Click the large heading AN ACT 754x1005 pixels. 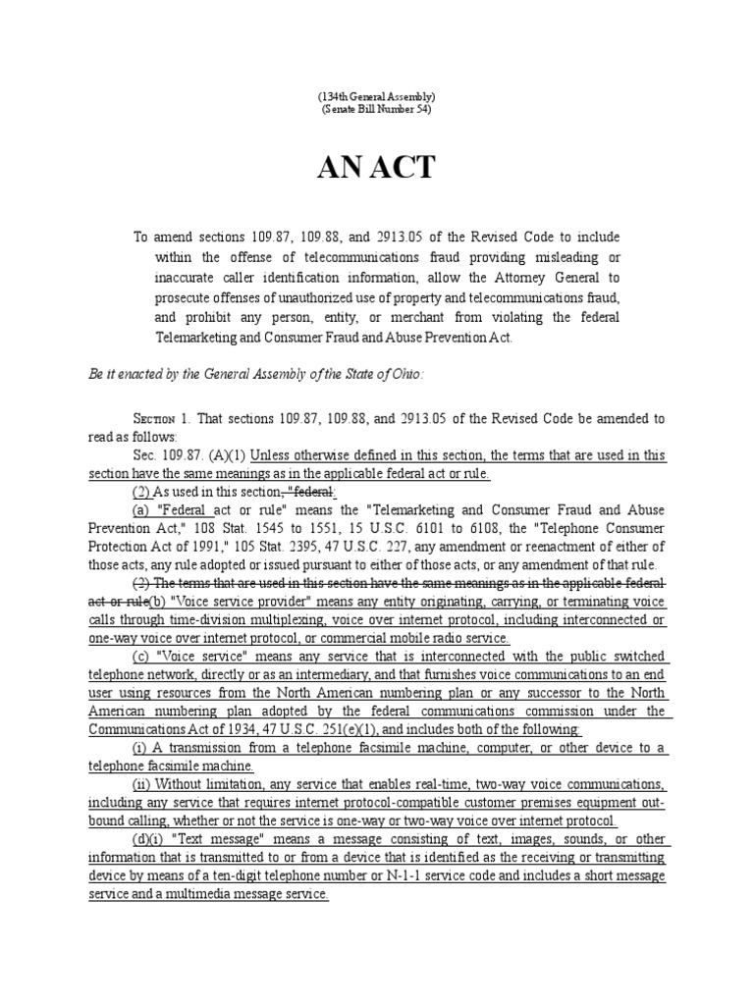coord(376,168)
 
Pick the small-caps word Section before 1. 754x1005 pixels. coord(152,417)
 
